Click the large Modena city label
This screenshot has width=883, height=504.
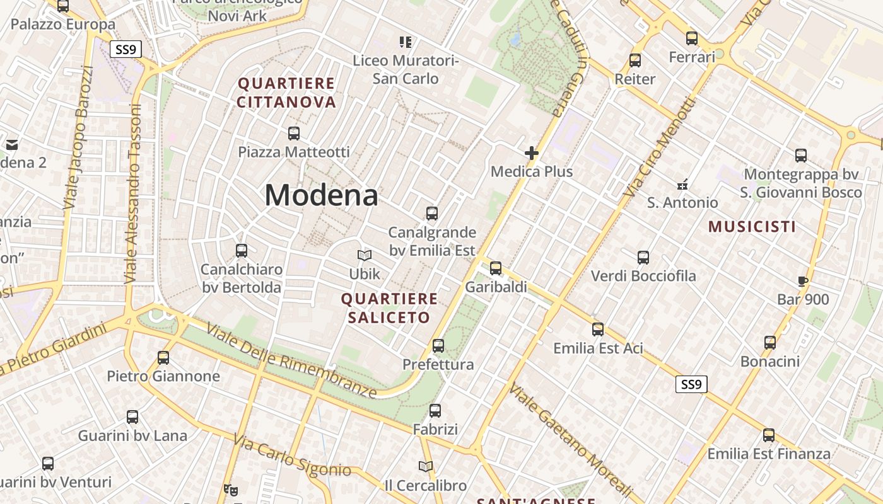point(321,195)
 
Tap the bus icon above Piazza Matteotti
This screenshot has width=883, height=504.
point(293,134)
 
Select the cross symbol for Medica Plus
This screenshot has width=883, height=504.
point(532,153)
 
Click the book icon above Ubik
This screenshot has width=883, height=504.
point(365,255)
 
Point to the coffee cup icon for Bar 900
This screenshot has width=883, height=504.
point(802,281)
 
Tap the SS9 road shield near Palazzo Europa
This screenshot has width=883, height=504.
point(126,49)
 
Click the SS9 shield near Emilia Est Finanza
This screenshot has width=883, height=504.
point(691,384)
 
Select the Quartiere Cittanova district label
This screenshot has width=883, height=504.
point(286,93)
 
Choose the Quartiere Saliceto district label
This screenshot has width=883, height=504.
point(389,308)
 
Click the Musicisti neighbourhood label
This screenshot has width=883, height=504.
point(752,227)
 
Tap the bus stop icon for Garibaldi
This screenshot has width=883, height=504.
point(496,268)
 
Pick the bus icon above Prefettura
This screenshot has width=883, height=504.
point(438,346)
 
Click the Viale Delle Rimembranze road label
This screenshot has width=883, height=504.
point(291,361)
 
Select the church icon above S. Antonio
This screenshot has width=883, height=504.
point(682,185)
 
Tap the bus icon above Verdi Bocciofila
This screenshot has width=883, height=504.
point(643,258)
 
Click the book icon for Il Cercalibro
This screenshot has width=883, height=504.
point(426,467)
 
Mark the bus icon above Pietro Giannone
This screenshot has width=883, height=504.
point(163,358)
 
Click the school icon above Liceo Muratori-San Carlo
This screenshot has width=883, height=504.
point(405,42)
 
